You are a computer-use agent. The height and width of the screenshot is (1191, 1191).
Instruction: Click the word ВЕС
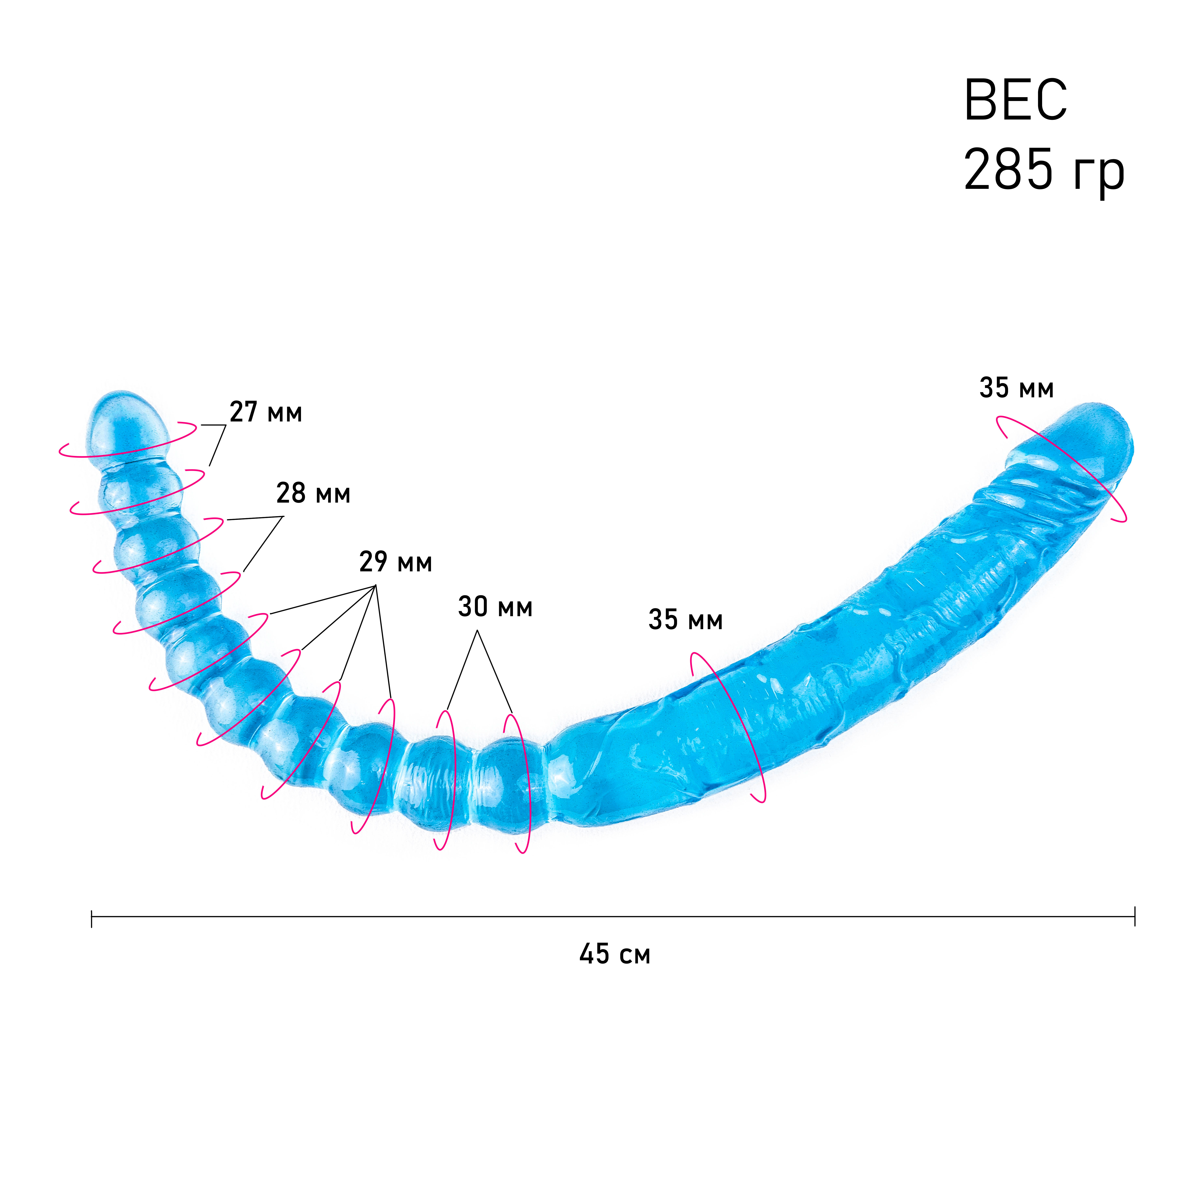click(1015, 100)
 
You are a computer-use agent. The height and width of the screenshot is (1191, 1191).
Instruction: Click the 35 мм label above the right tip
click(1017, 388)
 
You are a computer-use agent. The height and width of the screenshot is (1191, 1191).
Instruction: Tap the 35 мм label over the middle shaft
click(686, 620)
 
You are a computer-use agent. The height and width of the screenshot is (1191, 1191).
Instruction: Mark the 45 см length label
click(615, 954)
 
